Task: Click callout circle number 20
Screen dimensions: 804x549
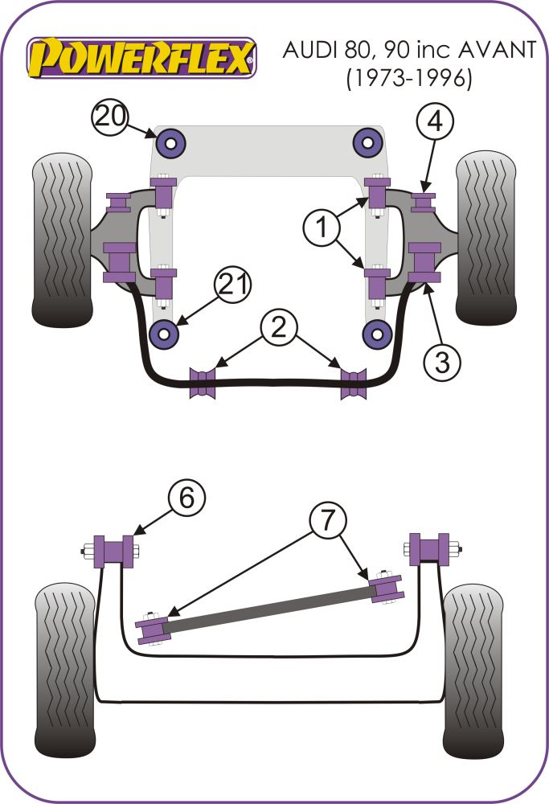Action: pos(110,117)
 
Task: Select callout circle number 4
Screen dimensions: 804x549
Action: pos(435,123)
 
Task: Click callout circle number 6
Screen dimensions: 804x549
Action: pos(186,499)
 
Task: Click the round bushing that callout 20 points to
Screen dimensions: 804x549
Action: pos(171,144)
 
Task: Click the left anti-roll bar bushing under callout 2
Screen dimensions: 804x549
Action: pos(203,382)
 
